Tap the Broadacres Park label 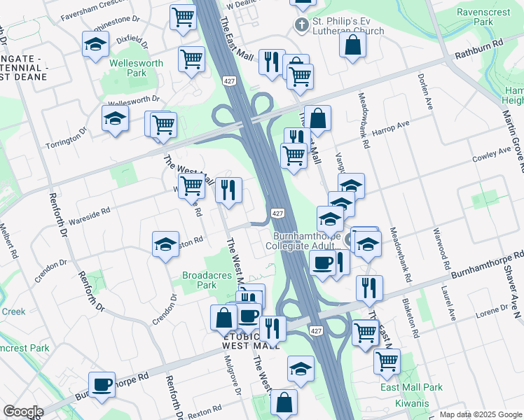coord(207,280)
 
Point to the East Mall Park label coord(411,387)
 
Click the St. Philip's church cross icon coord(301,26)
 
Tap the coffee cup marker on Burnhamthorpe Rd coord(102,384)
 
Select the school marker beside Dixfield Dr coord(95,45)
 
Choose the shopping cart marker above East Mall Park coord(386,361)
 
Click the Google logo coord(23,412)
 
